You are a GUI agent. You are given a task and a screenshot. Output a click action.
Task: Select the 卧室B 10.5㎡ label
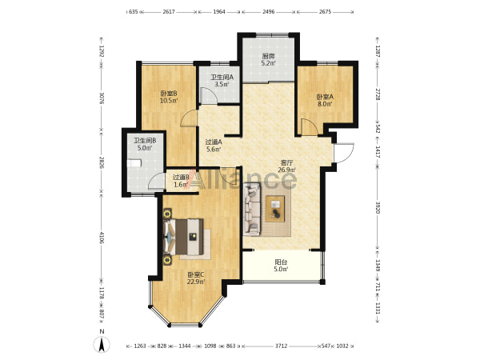(x=169, y=97)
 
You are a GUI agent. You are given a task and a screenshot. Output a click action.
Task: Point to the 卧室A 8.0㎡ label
(x=325, y=101)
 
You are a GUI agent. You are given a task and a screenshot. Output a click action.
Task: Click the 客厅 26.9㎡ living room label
(x=287, y=166)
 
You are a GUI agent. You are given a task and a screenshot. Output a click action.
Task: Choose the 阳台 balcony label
(x=281, y=266)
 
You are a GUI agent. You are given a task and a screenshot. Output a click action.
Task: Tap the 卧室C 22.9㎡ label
(x=196, y=278)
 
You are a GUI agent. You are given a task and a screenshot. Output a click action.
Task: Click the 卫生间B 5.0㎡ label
(x=145, y=144)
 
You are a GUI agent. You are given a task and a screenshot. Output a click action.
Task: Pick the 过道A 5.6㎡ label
(x=214, y=146)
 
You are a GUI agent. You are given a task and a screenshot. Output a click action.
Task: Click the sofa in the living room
(x=252, y=209)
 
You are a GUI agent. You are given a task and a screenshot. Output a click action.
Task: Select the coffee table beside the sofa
(x=275, y=209)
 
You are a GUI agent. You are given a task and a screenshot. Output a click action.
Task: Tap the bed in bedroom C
(x=184, y=237)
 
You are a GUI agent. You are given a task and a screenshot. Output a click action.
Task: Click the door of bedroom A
(x=309, y=126)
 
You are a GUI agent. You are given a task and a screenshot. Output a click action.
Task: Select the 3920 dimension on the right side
(x=378, y=208)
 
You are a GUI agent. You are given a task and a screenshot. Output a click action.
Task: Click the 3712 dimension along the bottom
(x=281, y=346)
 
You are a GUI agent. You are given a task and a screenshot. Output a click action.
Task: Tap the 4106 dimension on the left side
(x=102, y=238)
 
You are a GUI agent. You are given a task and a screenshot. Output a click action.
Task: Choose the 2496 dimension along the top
(x=269, y=12)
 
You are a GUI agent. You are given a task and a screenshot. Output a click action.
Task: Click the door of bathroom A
(x=208, y=95)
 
